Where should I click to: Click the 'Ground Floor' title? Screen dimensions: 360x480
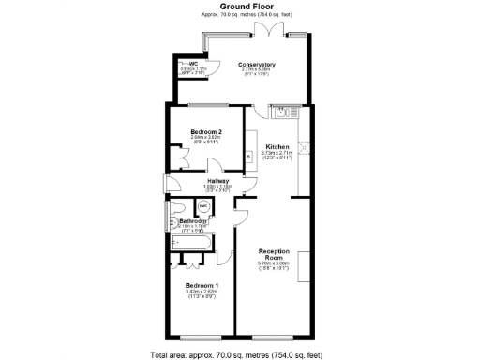[x=240, y=7]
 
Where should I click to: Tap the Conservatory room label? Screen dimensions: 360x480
[x=256, y=64]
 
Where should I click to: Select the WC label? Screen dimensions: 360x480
[x=192, y=64]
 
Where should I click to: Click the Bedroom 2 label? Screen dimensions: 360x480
[x=205, y=131]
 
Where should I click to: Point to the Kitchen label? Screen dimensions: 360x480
[x=277, y=147]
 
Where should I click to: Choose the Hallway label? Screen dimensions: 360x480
[x=217, y=181]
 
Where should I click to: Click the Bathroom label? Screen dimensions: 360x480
[x=193, y=221]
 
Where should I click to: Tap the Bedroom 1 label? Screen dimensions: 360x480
[x=202, y=285]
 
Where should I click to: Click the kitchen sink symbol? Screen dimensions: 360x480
[x=280, y=112]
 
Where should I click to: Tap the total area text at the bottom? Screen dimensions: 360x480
[x=240, y=354]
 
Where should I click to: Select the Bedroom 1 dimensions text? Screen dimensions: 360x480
[x=202, y=294]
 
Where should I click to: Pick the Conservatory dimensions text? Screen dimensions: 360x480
[x=256, y=72]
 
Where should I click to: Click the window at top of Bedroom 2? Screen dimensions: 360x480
[x=207, y=104]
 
